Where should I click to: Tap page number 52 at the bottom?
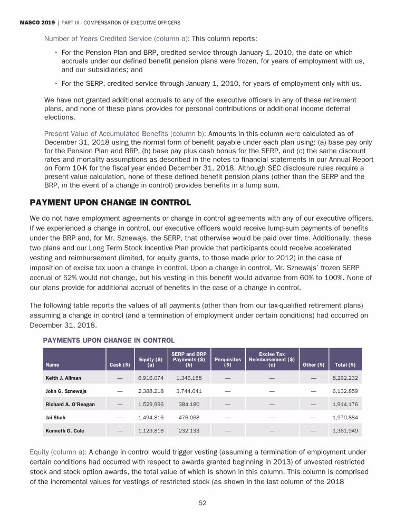202,503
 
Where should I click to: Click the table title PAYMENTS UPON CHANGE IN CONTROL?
109,340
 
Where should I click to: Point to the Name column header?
52,364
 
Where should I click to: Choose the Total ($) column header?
345,364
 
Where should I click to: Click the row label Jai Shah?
55,417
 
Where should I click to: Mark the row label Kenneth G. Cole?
65,430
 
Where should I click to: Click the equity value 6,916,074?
150,378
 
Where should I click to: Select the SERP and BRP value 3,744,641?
189,391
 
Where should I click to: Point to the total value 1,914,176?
345,404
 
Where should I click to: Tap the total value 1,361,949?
345,430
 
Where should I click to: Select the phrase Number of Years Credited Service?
117,38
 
